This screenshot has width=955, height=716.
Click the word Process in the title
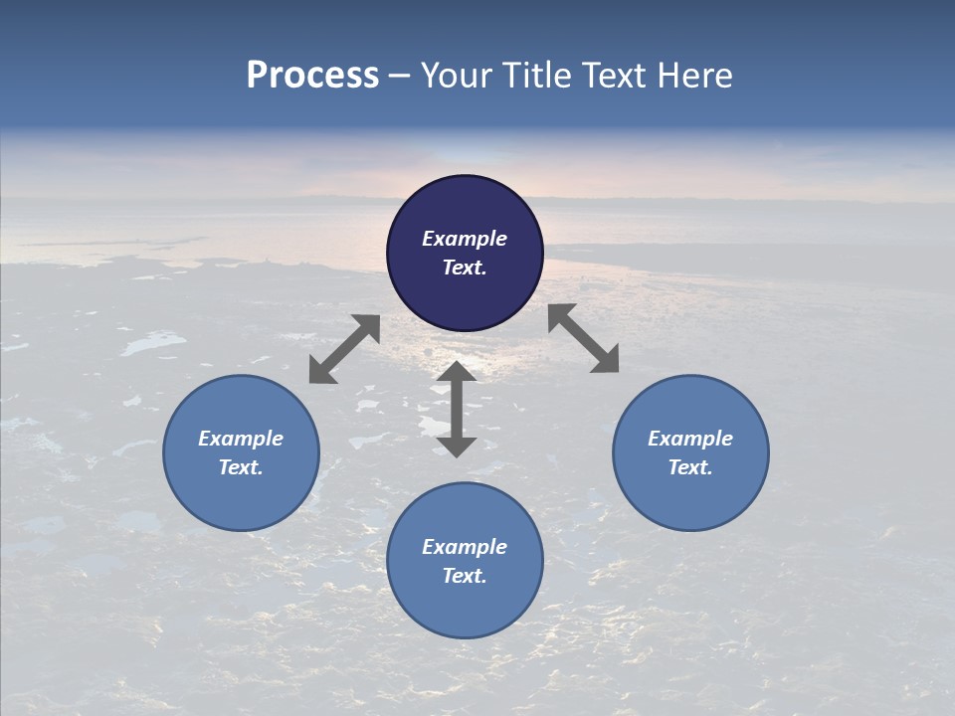pos(312,76)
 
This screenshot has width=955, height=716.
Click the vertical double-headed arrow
pos(457,409)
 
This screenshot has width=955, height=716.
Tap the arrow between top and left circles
pos(344,349)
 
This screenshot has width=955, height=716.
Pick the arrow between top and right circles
pos(583,338)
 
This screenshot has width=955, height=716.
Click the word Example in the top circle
pos(465,239)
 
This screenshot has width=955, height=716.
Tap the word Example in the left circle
pos(241,439)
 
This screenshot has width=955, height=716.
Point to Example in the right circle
pos(690,439)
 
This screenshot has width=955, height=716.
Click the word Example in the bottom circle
pos(465,547)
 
